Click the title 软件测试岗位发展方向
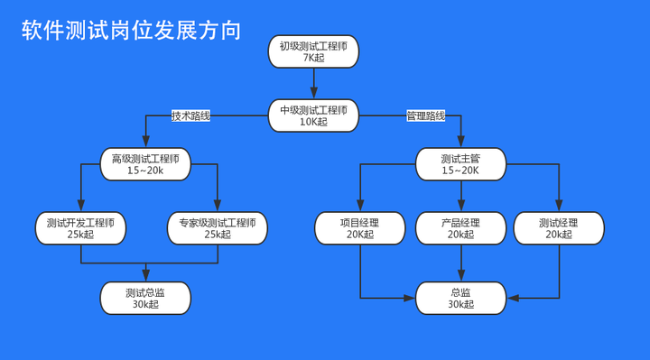(x=132, y=31)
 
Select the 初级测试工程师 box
(x=313, y=51)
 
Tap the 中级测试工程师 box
(x=313, y=115)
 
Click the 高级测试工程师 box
(x=145, y=164)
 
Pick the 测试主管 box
(x=460, y=164)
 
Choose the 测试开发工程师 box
(x=80, y=228)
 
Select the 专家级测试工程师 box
(x=218, y=228)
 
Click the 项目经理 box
(x=359, y=228)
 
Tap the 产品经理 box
(x=460, y=228)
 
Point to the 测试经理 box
(x=558, y=228)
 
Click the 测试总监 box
(x=145, y=298)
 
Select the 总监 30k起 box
(x=460, y=298)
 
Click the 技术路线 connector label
(x=190, y=115)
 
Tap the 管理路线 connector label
(x=426, y=115)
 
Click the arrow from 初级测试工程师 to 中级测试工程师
(x=313, y=83)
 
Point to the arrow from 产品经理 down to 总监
(x=460, y=263)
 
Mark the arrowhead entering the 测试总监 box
(x=147, y=277)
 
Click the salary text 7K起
(x=313, y=58)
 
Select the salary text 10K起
(x=313, y=122)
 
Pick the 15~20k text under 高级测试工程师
(x=145, y=171)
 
